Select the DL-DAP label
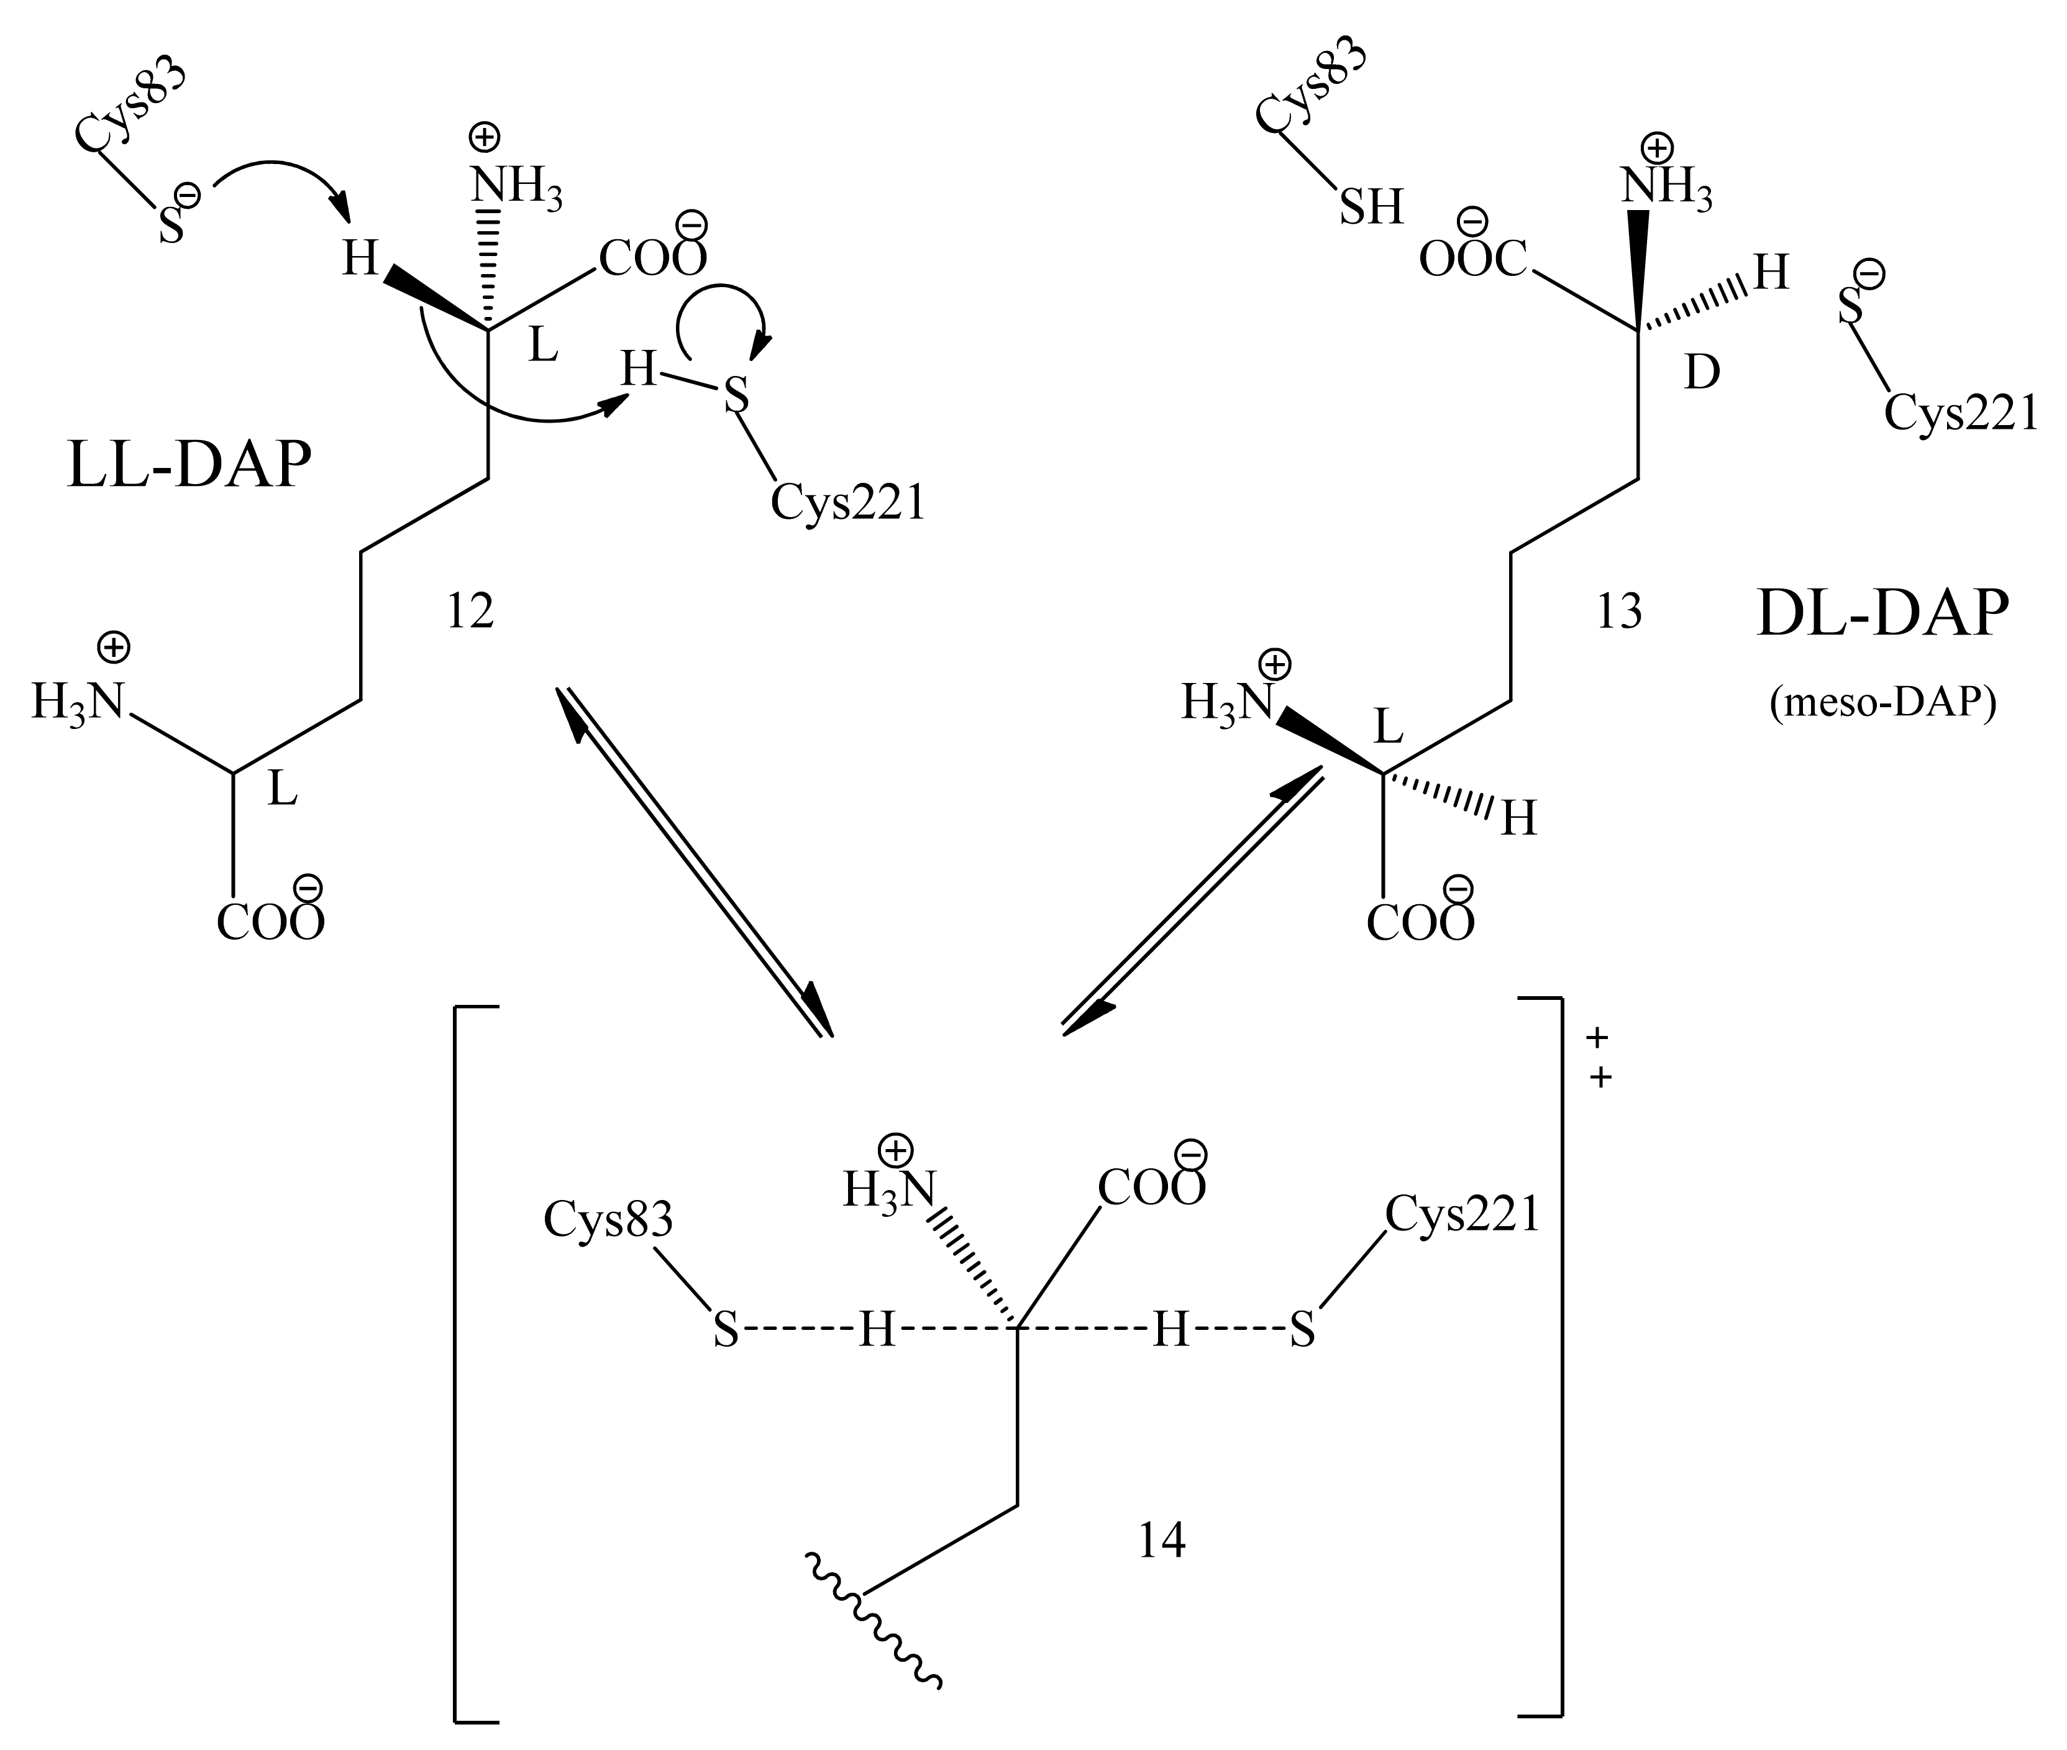(1882, 614)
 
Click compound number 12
(470, 612)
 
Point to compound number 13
(1618, 612)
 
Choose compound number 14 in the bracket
(1161, 1541)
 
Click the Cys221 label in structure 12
(848, 503)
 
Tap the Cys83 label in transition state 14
(608, 1218)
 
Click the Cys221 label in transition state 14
(1462, 1212)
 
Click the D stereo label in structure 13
(1702, 373)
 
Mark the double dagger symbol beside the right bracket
(1598, 1058)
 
